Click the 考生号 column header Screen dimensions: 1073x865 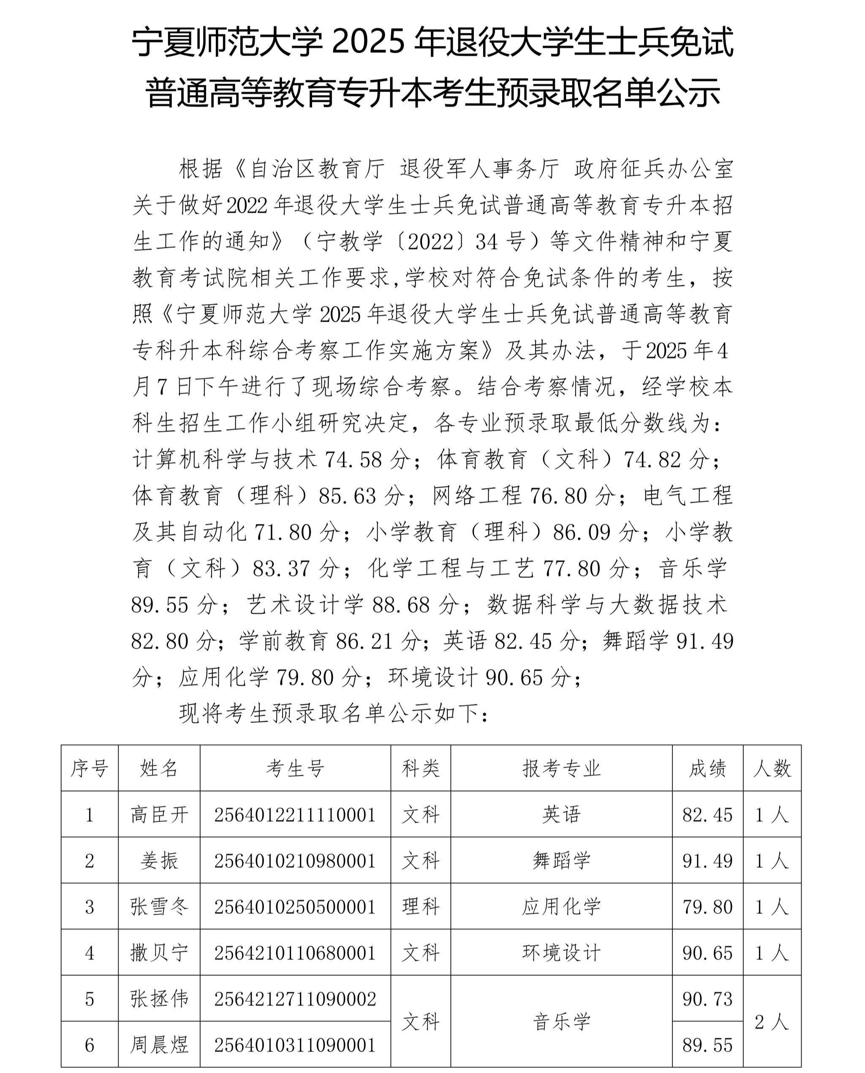click(295, 769)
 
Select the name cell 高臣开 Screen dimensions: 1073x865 click(159, 815)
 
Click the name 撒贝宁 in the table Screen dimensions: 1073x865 click(159, 953)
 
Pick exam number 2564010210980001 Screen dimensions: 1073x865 click(295, 861)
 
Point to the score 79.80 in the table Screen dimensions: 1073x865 click(707, 907)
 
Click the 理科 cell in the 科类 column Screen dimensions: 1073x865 click(421, 907)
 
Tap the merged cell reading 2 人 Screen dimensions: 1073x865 click(772, 1022)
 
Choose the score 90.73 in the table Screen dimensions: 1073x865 click(707, 999)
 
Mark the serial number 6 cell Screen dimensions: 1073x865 click(90, 1045)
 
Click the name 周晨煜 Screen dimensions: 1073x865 click(159, 1045)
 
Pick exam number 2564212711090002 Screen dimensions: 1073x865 click(295, 999)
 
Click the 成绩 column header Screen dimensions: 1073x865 click(707, 769)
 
